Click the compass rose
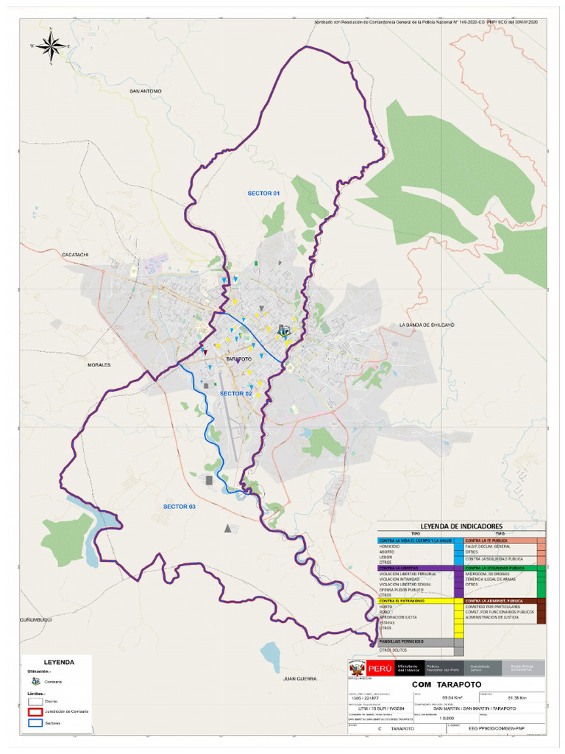click(51, 46)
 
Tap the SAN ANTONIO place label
click(145, 91)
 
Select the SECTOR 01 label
click(263, 193)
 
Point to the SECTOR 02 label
click(236, 394)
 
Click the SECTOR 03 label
click(180, 507)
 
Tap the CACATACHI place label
click(75, 254)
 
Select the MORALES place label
click(99, 364)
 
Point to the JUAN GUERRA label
click(299, 678)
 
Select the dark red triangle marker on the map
click(205, 353)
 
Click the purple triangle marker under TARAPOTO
click(239, 361)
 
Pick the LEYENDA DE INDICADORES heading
click(461, 526)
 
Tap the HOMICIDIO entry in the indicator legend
click(390, 546)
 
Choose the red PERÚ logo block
click(379, 669)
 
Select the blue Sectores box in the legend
click(35, 723)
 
